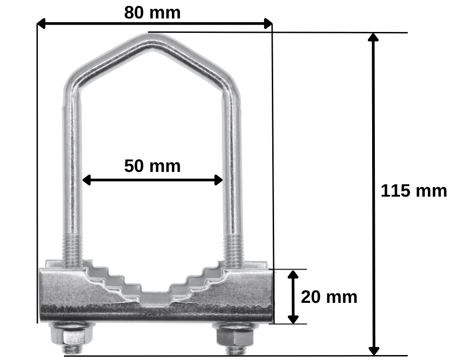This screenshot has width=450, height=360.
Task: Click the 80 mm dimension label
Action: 153,13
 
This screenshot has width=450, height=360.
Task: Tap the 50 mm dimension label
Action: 153,166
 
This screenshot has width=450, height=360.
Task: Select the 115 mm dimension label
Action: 414,191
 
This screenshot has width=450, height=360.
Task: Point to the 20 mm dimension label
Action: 329,297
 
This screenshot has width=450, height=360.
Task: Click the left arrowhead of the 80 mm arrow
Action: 41,23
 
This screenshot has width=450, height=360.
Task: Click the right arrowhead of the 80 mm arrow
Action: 268,23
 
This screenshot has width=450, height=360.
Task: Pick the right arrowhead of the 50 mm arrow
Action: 218,180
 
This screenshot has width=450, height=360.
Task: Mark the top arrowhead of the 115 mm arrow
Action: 373,37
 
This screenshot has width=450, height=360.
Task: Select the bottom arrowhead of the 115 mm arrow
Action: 373,351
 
